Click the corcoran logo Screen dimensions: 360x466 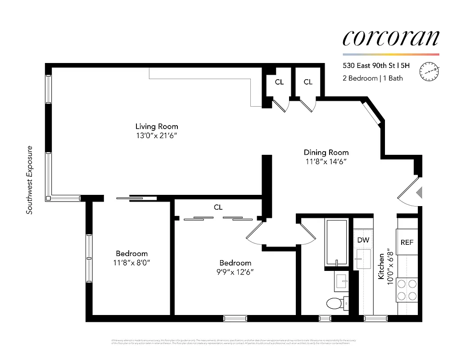[390, 38]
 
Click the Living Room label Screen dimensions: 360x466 [157, 126]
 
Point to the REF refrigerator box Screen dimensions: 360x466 [407, 242]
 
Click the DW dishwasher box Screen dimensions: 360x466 [363, 240]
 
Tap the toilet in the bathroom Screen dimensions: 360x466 [335, 304]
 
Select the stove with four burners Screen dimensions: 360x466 [407, 290]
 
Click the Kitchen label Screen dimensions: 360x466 [381, 266]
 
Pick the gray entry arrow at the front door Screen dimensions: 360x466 [419, 193]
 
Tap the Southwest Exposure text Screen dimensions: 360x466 [30, 180]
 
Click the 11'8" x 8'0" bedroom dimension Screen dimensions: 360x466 [131, 263]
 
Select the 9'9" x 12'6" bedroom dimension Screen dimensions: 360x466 [235, 272]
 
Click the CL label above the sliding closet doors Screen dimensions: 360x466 [218, 207]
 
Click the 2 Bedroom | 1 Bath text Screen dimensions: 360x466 [372, 78]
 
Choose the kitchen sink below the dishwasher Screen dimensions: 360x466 [363, 260]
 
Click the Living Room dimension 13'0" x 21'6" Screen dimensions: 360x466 [157, 136]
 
